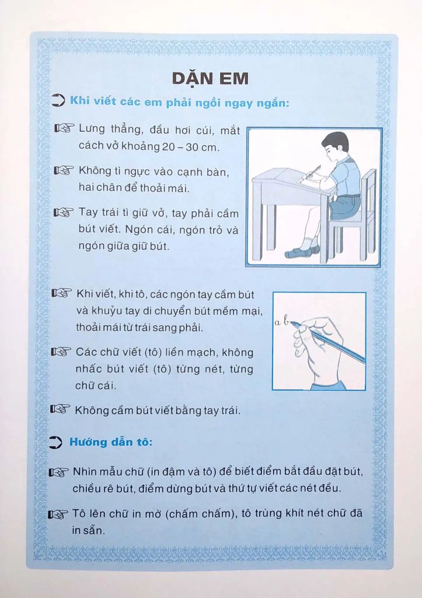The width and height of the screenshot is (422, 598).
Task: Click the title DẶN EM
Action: click(211, 78)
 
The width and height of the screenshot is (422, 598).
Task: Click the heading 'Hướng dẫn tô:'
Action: click(111, 442)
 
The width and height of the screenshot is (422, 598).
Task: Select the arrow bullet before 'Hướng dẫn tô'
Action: click(57, 443)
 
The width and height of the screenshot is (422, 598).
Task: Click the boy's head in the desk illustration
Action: click(335, 147)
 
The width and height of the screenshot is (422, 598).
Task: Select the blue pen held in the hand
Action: click(336, 342)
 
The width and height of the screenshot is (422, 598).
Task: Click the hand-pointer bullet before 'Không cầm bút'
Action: click(60, 410)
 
